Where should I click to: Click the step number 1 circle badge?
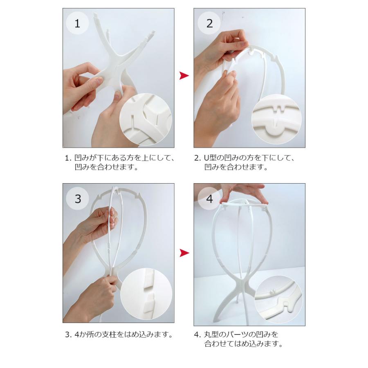77,23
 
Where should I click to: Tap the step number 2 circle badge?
209,23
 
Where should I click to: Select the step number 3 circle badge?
77,199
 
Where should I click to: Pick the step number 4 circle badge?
209,199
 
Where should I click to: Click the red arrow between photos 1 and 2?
184,76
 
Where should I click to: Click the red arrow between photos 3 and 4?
184,253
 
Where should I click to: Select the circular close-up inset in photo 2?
276,119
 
